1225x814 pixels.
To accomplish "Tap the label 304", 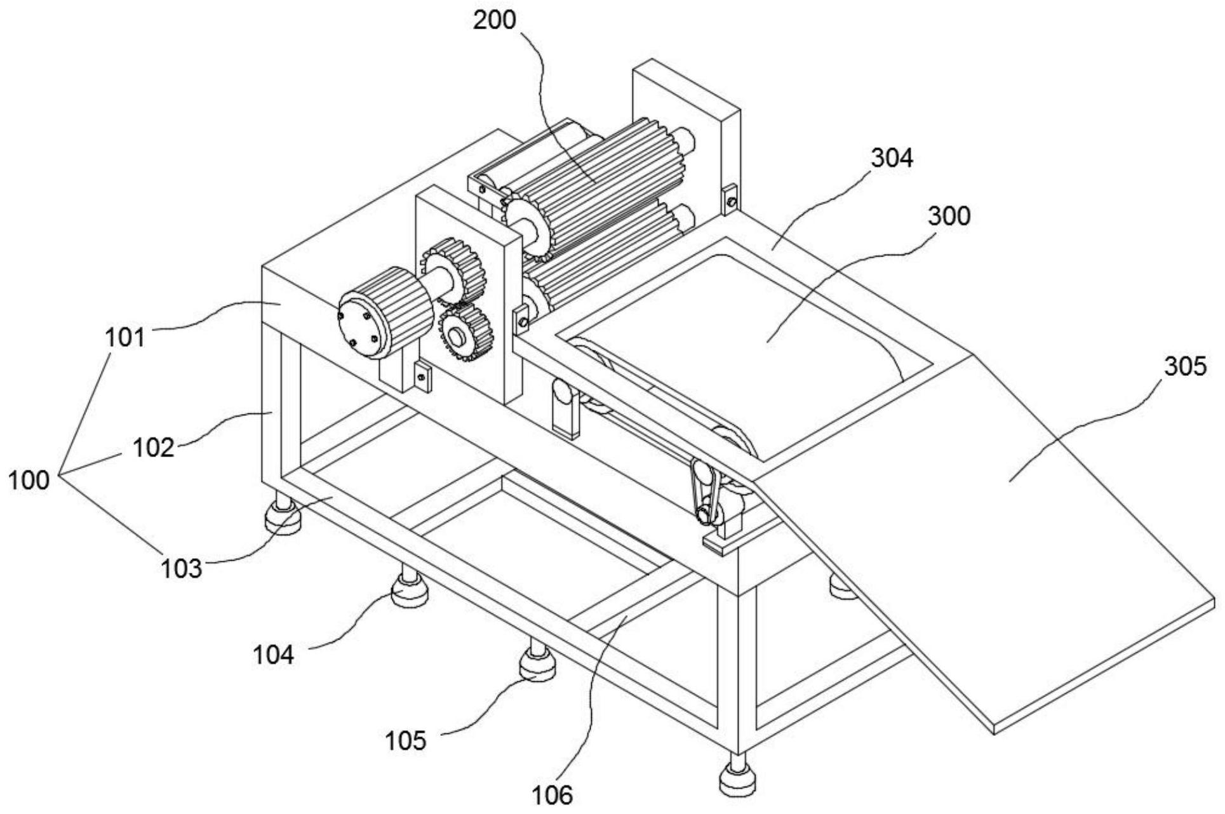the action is click(x=892, y=158).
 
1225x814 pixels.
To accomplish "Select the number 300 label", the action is click(x=949, y=217).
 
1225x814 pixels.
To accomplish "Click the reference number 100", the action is click(x=28, y=480).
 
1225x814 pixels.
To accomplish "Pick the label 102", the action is click(x=153, y=448).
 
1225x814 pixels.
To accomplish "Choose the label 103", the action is click(x=181, y=568).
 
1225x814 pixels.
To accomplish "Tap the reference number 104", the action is click(x=274, y=654).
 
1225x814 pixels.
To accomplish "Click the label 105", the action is click(x=406, y=740).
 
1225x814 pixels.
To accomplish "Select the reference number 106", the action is click(x=551, y=794).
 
